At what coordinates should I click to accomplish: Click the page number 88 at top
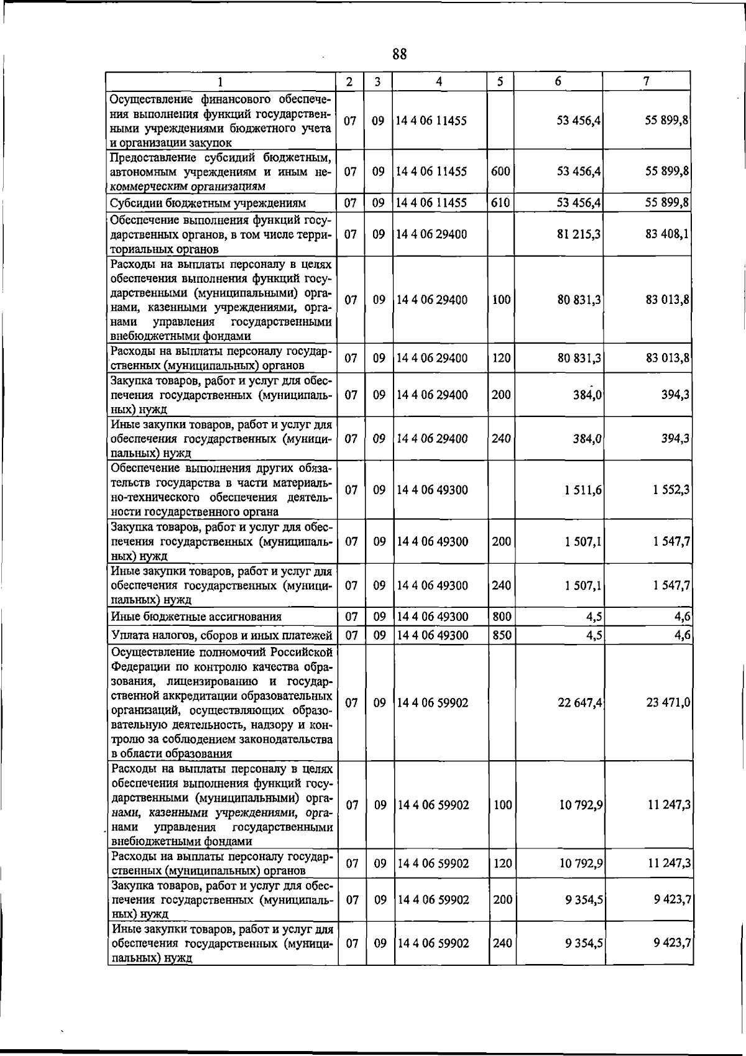coord(400,55)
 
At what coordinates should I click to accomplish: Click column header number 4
coord(439,81)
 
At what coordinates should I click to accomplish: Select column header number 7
coord(647,81)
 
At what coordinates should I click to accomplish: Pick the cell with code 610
coord(500,203)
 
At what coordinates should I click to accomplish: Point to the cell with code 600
coord(500,172)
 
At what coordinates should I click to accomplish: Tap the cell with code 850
coord(501,635)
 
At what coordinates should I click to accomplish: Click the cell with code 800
coord(501,617)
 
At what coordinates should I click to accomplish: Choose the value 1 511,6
coord(583,490)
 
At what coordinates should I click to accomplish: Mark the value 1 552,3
coord(671,490)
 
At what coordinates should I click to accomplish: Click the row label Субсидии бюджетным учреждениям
coord(208,203)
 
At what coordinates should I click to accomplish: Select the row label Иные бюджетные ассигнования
coord(196,617)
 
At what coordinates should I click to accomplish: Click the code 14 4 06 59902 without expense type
coord(433,702)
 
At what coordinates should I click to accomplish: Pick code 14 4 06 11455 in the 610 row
coord(431,203)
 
